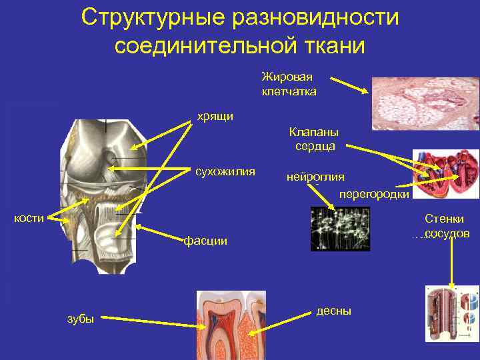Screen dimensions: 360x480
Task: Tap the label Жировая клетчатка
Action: point(289,84)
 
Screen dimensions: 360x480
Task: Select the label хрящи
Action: point(215,117)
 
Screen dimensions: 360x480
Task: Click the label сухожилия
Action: point(225,172)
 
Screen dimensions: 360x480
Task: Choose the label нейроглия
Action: point(315,177)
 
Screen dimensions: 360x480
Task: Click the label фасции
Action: point(205,241)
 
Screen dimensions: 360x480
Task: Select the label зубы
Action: point(81,319)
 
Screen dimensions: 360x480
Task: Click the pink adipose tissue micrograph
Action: point(425,107)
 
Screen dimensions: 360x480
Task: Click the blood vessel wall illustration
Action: point(452,313)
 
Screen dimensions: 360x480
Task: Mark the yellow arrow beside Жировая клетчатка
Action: point(347,85)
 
